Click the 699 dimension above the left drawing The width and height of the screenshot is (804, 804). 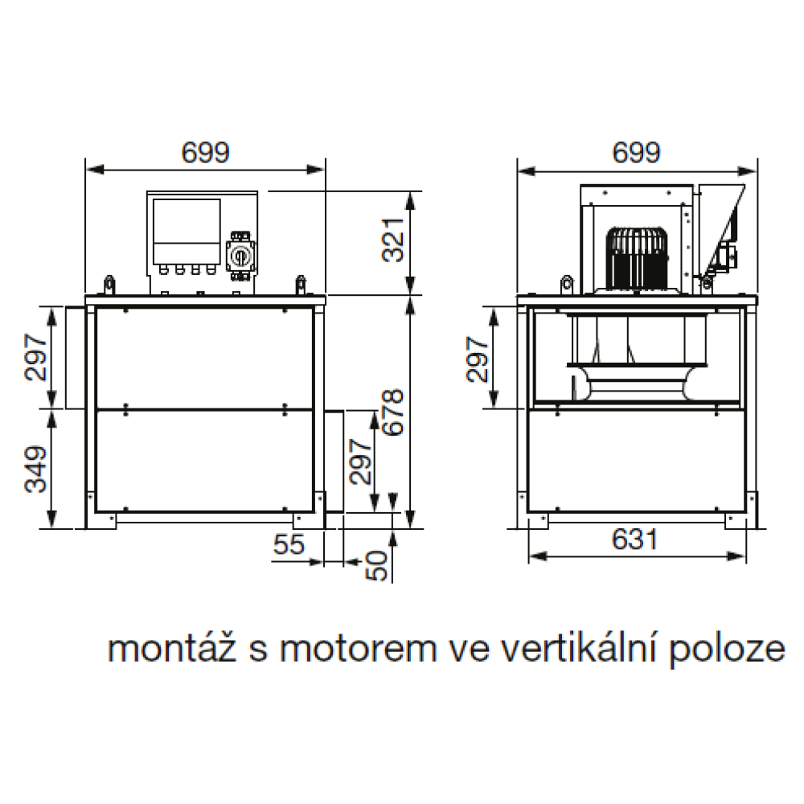tap(205, 152)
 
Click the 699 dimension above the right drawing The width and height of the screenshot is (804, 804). tap(636, 152)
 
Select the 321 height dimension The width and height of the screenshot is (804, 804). tap(394, 240)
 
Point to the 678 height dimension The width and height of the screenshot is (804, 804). tap(394, 412)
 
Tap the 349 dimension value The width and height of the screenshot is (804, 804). tap(36, 470)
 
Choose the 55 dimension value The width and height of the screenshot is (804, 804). tap(289, 544)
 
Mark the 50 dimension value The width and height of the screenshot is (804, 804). tap(377, 565)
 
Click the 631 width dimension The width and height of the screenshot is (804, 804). tap(635, 539)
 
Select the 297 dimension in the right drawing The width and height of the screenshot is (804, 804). tap(478, 359)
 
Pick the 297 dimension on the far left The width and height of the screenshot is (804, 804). tap(36, 357)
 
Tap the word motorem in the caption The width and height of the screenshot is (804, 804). tap(358, 650)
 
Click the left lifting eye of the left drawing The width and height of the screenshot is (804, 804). tap(109, 285)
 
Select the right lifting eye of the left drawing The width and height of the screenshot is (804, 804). tap(301, 285)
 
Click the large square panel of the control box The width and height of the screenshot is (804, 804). tap(187, 220)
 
